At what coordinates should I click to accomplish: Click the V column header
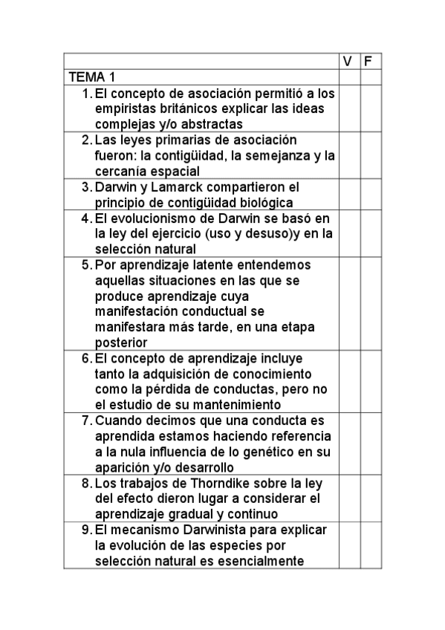pyautogui.click(x=348, y=62)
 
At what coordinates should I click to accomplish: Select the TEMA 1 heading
pyautogui.click(x=92, y=77)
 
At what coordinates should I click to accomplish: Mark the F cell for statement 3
pyautogui.click(x=370, y=195)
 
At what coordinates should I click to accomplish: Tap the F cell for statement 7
pyautogui.click(x=370, y=444)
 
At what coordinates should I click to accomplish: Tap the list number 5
pyautogui.click(x=86, y=265)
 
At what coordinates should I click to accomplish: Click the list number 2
pyautogui.click(x=86, y=140)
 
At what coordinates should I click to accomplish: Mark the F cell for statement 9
pyautogui.click(x=370, y=545)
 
